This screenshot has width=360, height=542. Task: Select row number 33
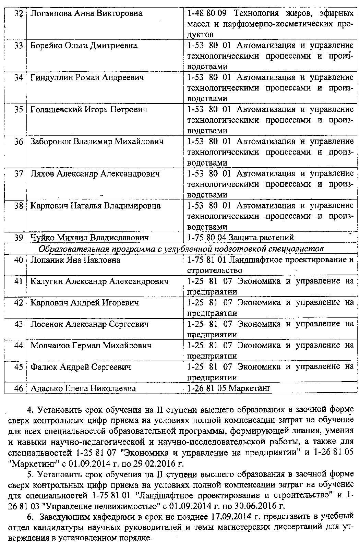19,46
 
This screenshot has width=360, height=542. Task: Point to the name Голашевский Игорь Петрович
89,110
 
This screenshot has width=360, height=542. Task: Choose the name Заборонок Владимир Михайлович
97,142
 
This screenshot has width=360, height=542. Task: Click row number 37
19,174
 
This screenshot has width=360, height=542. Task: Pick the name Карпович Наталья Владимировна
95,206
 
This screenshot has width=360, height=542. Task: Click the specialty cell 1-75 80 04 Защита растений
241,238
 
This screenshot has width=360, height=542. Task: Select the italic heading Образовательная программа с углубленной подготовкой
181,249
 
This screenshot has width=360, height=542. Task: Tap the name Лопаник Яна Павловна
75,260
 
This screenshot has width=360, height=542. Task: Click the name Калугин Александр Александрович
99,281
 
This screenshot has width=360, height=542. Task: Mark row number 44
19,346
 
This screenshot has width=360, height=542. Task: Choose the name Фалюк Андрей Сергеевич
81,367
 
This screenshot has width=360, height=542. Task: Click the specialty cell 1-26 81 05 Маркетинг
229,388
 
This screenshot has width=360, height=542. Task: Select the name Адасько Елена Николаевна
83,388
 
